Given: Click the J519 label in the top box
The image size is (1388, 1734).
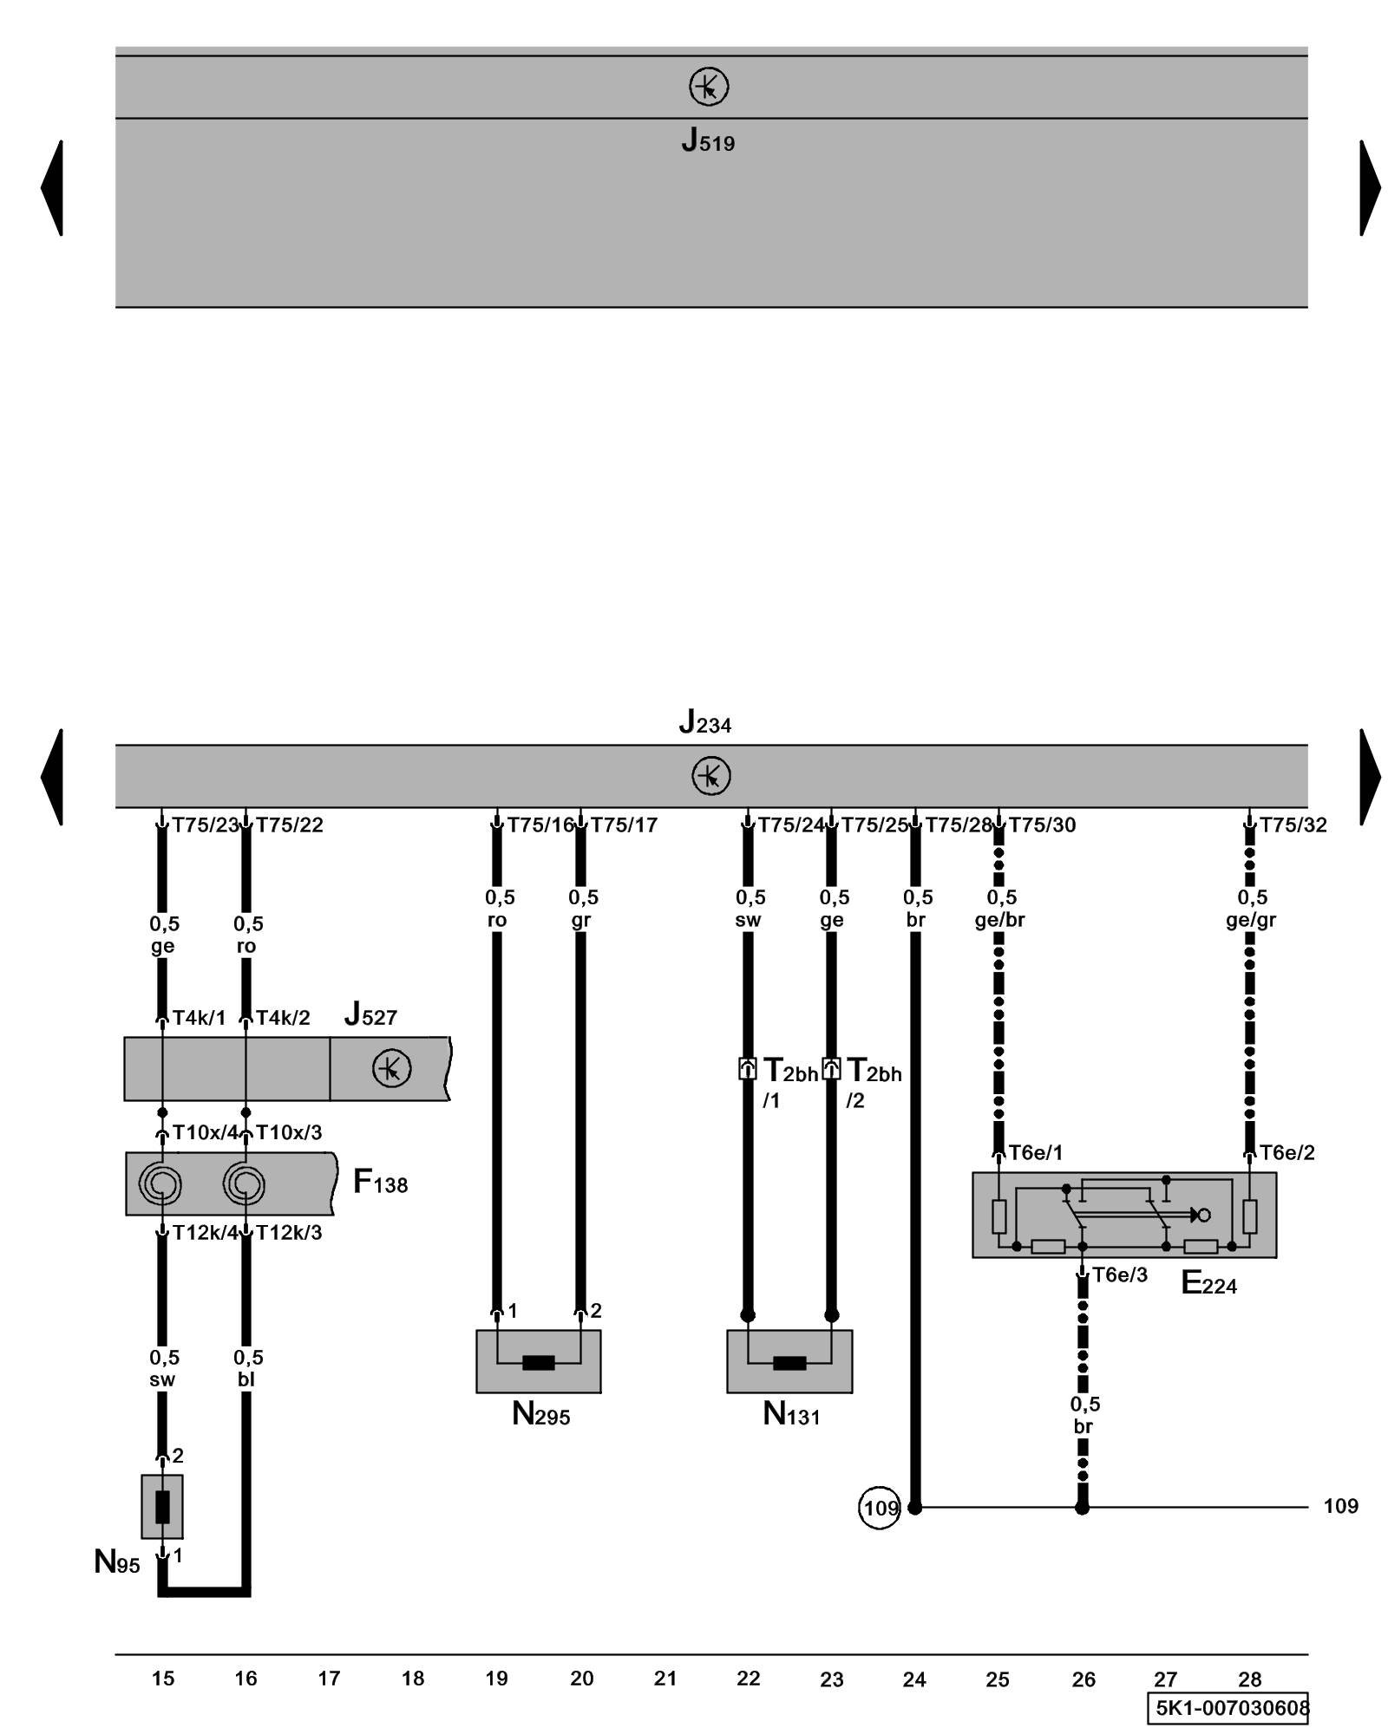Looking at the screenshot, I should [708, 140].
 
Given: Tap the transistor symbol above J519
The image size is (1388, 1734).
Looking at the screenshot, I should [709, 87].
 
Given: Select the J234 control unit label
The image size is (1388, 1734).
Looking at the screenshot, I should [704, 722].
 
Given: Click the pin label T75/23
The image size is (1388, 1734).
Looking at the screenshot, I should [205, 825].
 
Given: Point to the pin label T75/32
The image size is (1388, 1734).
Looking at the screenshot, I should [1293, 825].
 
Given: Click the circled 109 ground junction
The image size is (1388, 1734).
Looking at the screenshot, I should [880, 1508].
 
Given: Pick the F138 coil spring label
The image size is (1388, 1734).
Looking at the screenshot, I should [380, 1182].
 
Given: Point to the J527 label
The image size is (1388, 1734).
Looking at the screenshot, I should [370, 1014].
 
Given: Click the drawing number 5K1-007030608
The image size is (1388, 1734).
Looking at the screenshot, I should [1231, 1708].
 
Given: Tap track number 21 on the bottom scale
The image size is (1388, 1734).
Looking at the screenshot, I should [665, 1679].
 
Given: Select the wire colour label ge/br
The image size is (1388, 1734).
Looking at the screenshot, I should [999, 920].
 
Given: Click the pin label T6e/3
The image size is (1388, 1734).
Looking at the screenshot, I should [1119, 1274].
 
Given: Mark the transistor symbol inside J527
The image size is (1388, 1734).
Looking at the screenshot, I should [391, 1068].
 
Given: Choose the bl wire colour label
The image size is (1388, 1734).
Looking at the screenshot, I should [246, 1379].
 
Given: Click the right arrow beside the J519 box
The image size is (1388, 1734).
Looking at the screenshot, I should [1370, 187].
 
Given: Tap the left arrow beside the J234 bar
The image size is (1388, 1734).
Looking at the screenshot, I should [52, 776].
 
